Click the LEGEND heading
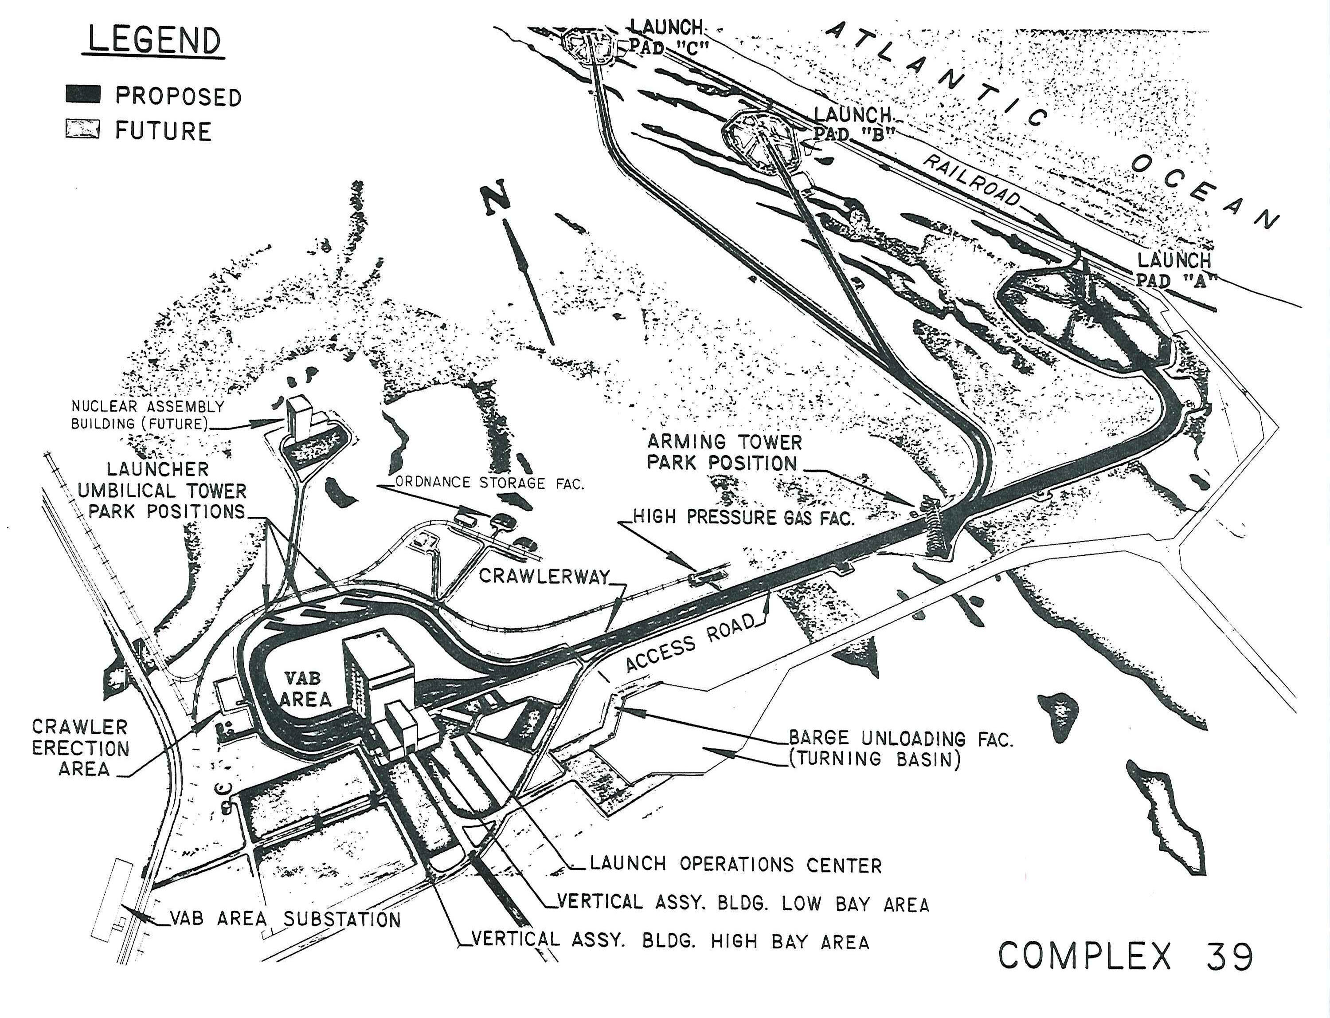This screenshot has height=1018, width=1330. click(x=154, y=41)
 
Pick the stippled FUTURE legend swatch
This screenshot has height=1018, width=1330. click(x=82, y=129)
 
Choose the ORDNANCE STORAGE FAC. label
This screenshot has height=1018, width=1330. click(x=489, y=483)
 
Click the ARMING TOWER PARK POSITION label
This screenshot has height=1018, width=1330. click(x=724, y=452)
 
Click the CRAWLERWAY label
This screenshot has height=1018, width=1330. click(x=544, y=576)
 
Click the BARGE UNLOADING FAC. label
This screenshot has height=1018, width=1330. click(x=900, y=738)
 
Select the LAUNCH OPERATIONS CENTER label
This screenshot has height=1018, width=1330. click(x=735, y=864)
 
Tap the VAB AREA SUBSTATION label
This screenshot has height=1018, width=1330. click(x=285, y=919)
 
